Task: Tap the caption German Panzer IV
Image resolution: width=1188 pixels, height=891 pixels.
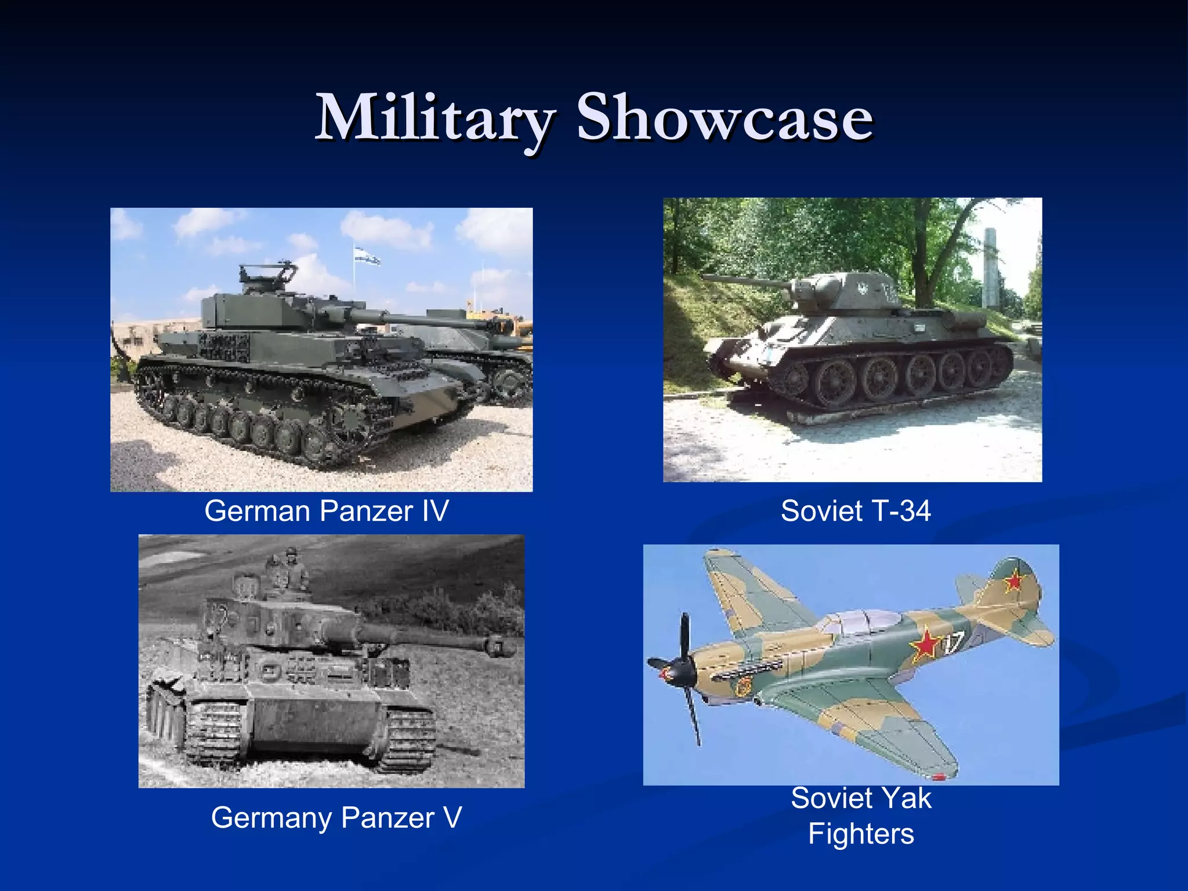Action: coord(327,511)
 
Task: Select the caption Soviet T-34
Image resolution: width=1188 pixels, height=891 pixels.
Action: coord(855,511)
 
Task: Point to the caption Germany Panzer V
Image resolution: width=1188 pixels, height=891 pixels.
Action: coord(336,817)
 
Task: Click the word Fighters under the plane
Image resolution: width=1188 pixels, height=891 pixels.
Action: coord(861,834)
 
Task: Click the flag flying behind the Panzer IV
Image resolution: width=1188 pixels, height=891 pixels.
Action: coord(367,255)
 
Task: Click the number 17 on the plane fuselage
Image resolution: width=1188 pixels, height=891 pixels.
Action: coord(953,643)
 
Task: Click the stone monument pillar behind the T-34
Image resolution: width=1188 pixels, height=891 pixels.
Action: coord(991,267)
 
